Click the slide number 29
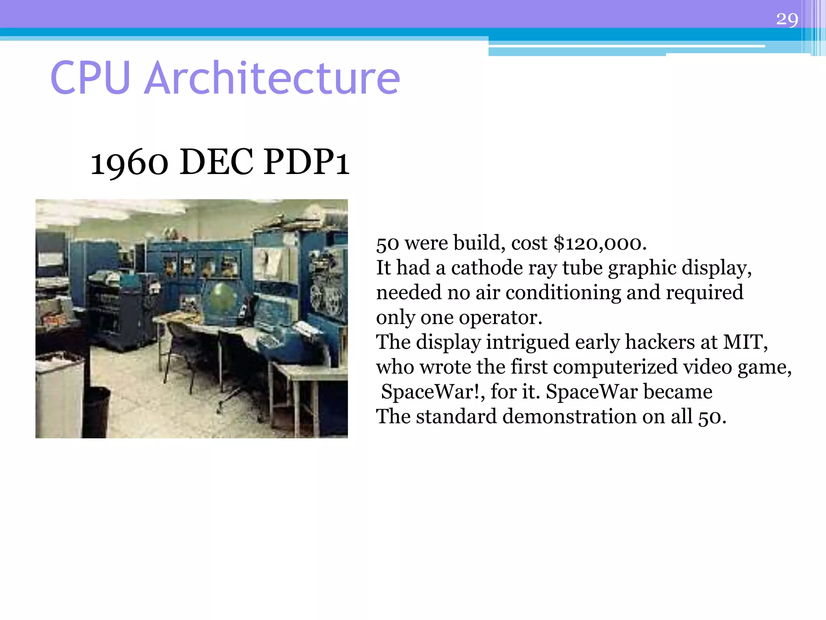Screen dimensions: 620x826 point(787,19)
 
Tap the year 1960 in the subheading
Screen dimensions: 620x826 point(129,163)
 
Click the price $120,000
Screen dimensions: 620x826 point(600,243)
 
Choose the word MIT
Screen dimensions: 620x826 point(745,342)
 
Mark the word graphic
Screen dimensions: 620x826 point(642,268)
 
